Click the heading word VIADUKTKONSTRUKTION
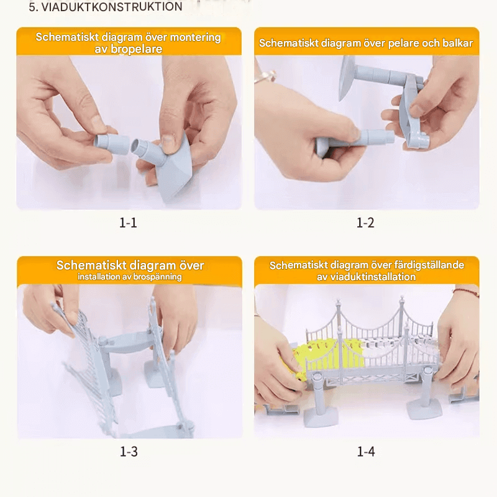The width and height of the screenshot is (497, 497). (112, 7)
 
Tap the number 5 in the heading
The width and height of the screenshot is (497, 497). (32, 7)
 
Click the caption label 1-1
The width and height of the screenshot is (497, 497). (128, 223)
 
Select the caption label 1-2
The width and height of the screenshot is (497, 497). (365, 223)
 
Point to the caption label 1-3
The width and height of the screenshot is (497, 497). (128, 452)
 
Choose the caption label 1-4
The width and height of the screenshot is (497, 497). (365, 452)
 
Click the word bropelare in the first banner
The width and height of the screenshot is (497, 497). (137, 49)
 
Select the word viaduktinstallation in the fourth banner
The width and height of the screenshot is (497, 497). (373, 277)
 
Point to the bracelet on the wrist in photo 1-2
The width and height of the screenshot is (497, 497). (266, 76)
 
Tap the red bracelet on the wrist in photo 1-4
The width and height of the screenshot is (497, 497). (467, 291)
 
